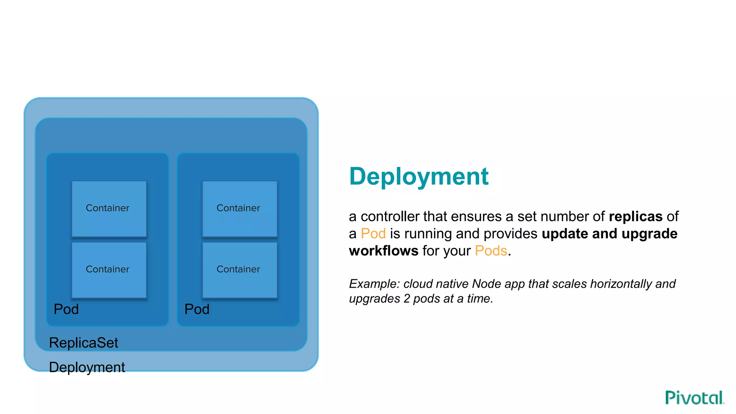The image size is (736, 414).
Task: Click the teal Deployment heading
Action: [419, 176]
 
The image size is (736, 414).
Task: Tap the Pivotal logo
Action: [694, 398]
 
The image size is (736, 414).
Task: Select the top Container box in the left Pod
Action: [109, 209]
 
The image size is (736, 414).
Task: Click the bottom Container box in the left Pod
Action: [109, 270]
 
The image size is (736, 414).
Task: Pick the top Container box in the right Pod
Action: [240, 209]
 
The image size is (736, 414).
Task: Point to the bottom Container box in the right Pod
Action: [240, 270]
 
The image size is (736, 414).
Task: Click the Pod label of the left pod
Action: [66, 309]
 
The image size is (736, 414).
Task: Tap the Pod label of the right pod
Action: [197, 309]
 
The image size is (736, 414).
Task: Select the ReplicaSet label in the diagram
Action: [83, 343]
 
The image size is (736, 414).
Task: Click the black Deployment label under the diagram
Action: [87, 367]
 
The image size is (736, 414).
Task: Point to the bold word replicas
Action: [635, 216]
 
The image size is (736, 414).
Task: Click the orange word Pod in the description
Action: [373, 234]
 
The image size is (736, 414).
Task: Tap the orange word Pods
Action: [491, 250]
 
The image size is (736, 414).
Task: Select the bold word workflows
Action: [383, 250]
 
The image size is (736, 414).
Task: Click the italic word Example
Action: [374, 284]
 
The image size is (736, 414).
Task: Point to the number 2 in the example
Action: [406, 299]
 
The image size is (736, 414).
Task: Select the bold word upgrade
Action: [649, 234]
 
